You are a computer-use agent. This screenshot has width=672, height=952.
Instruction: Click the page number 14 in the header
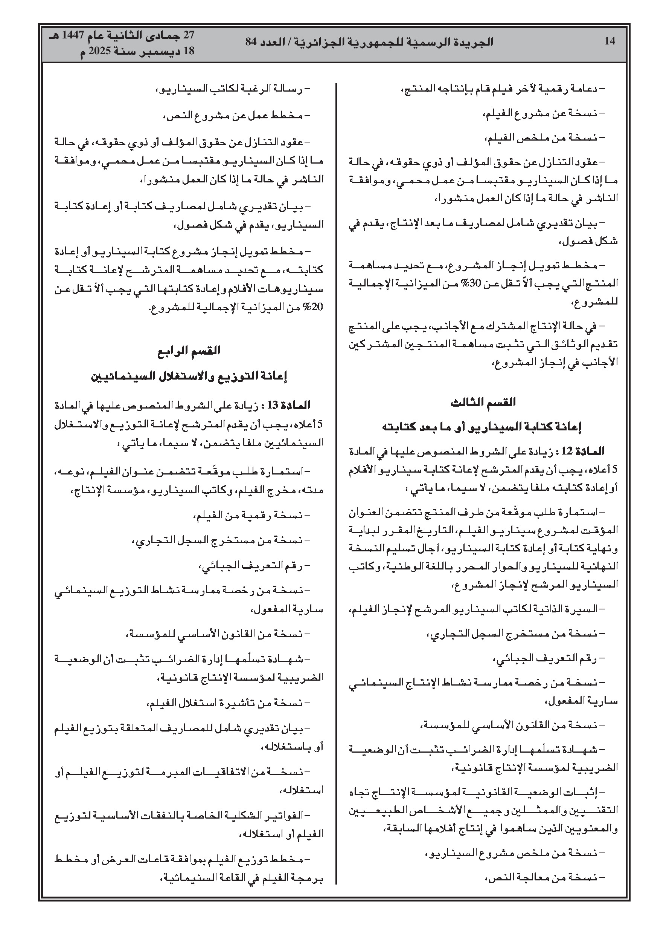coord(610,41)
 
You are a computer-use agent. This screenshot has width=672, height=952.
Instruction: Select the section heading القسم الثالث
coord(483,402)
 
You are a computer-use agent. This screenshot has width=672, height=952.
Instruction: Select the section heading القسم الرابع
coord(189,351)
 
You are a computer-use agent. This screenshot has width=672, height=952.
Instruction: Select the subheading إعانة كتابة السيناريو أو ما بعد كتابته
coord(483,427)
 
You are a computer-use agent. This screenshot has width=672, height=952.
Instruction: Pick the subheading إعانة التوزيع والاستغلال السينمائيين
coord(189,377)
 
